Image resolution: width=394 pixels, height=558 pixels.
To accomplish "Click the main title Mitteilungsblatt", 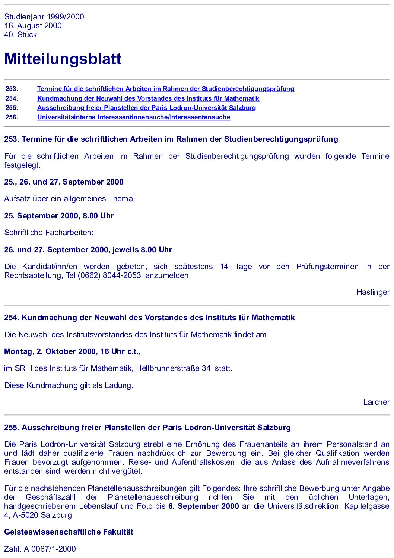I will click(63, 59).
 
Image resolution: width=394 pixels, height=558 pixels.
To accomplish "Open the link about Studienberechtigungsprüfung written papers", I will click(165, 89).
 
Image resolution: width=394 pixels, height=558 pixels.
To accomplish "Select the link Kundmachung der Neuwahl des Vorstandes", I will click(148, 98).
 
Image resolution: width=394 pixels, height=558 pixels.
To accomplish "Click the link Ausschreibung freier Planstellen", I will click(146, 108).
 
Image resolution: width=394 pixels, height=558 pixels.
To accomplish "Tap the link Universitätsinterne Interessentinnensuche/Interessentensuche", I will click(133, 117).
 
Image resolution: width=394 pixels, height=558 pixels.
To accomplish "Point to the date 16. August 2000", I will click(33, 26).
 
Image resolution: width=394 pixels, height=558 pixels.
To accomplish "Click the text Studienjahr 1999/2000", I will click(44, 17).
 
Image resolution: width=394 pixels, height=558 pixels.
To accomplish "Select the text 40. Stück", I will click(20, 35).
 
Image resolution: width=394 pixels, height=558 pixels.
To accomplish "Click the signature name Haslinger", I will click(373, 292).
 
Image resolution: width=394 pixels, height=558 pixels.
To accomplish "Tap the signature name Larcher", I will click(376, 402).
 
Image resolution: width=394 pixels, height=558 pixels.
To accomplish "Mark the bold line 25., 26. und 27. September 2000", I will click(64, 182).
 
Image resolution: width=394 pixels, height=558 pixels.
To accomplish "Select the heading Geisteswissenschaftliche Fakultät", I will click(69, 532).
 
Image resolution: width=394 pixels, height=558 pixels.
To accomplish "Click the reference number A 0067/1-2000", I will click(50, 549).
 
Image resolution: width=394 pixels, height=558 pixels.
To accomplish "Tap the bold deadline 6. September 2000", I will click(203, 506).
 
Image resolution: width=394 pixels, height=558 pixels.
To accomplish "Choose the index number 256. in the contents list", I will click(12, 117).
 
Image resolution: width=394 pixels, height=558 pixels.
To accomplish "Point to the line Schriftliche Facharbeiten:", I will click(49, 233).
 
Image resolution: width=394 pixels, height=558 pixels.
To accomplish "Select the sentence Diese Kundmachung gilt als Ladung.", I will click(69, 385).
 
